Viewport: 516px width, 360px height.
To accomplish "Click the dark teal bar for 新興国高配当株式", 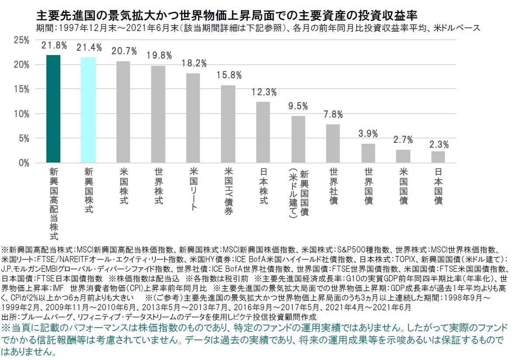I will (53, 109).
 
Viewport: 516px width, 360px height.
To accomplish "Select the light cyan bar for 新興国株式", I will (88, 110).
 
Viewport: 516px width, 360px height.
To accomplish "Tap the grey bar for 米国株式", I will (123, 112).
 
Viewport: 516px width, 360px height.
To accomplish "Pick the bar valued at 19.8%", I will (158, 114).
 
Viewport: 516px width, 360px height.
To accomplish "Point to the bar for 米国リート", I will (193, 118).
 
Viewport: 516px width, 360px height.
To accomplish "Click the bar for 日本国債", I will (438, 157).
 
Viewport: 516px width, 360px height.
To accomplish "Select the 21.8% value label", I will (54, 45).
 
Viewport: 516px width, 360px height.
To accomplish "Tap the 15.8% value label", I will (229, 75).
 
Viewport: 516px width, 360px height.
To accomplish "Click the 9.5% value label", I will (299, 106).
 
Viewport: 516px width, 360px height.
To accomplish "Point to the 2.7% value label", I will (403, 140).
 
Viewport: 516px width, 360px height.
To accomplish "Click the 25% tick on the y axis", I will (21, 40).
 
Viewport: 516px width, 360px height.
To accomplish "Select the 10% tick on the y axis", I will (21, 114).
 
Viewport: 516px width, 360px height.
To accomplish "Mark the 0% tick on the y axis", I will (23, 163).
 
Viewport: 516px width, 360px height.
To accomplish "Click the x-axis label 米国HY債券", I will (228, 190).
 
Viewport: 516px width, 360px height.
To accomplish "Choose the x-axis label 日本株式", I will (263, 186).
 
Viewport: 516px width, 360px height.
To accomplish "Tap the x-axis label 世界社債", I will (333, 186).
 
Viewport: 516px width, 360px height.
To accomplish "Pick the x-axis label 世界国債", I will (368, 186).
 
